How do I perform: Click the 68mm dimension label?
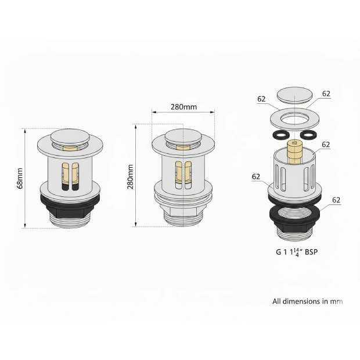(20, 178)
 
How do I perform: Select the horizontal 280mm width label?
(183, 107)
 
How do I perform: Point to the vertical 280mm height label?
(131, 177)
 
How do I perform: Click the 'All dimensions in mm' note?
(307, 301)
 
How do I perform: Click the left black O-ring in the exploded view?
(280, 135)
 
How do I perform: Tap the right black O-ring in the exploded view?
(308, 135)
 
